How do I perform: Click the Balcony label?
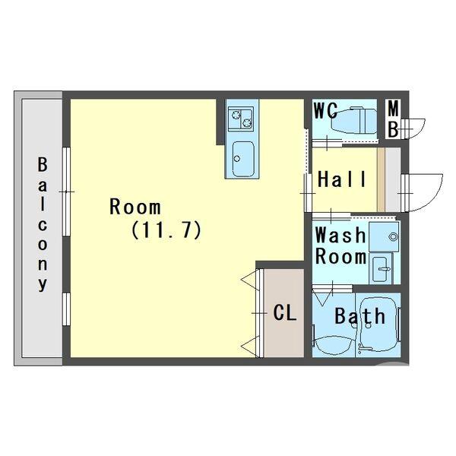click(43, 224)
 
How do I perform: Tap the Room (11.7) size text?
click(166, 230)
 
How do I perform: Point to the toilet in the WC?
click(352, 120)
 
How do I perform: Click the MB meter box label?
click(393, 119)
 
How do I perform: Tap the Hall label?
click(342, 179)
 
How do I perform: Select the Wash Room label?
click(340, 245)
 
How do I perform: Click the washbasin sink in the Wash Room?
click(381, 268)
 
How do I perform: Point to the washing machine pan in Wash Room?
click(384, 236)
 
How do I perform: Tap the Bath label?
click(359, 316)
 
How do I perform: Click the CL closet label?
click(285, 313)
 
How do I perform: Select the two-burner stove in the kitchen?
click(241, 119)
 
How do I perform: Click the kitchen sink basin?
click(243, 159)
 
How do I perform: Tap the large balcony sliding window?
click(66, 192)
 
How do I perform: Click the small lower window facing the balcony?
click(66, 309)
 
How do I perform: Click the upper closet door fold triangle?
click(250, 280)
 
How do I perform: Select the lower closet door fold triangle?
click(250, 347)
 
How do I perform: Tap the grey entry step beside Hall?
click(392, 179)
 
